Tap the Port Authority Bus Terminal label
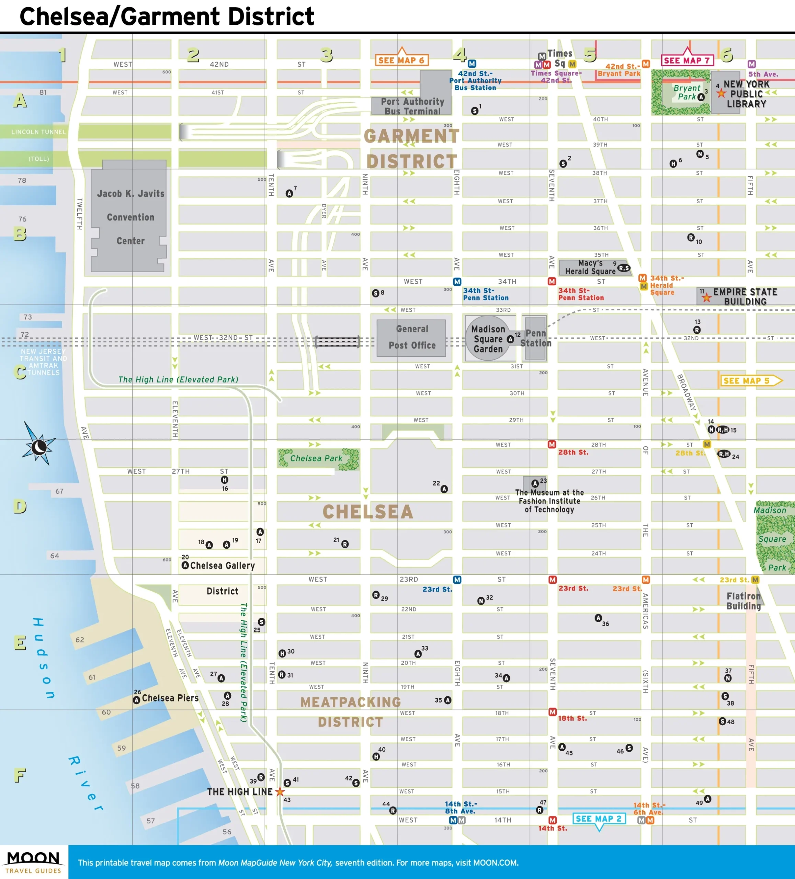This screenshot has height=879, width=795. coord(412,106)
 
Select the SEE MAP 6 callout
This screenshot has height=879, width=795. coord(401,60)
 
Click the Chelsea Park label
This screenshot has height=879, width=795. coord(316,458)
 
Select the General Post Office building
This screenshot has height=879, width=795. coord(411,338)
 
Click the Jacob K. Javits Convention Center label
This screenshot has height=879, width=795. coord(130,217)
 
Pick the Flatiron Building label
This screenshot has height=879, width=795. coord(743,601)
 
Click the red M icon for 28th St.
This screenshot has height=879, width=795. coord(552,444)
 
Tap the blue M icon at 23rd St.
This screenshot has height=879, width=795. coord(457,580)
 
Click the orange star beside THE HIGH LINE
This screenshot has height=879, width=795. coord(280,791)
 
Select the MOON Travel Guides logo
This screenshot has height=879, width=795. coord(34,862)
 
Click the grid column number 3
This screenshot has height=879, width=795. coord(326,55)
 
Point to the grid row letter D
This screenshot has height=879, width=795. coord(20,506)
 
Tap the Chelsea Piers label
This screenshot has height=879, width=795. coord(170,698)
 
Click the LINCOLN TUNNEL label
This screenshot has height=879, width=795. coord(38,132)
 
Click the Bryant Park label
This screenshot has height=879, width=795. coord(686,92)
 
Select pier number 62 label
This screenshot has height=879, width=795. coord(79,640)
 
